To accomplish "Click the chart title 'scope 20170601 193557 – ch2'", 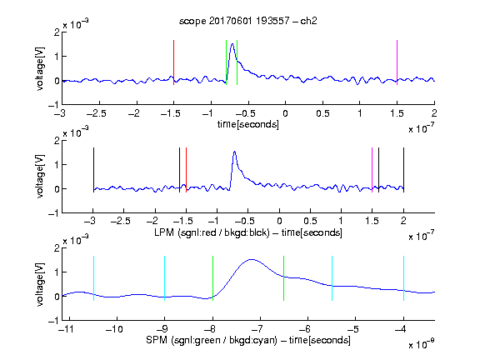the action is click(x=248, y=21).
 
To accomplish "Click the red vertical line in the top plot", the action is click(x=173, y=62).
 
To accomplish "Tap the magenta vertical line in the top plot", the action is click(x=397, y=62).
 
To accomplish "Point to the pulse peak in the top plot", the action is click(x=232, y=44).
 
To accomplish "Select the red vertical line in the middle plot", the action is click(x=186, y=170).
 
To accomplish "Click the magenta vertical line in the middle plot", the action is click(x=372, y=170).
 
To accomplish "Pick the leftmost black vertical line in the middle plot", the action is click(x=93, y=170).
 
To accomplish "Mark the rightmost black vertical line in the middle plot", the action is click(x=403, y=170).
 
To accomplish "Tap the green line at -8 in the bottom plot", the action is click(x=212, y=278).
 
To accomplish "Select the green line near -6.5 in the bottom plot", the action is click(x=284, y=278).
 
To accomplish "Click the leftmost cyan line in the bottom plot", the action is click(x=93, y=278).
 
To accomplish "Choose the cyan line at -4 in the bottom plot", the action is click(x=403, y=278).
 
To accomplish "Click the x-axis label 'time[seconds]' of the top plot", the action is click(x=248, y=124).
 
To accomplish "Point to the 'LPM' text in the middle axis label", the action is click(x=164, y=232).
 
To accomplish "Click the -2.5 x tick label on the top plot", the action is click(x=97, y=113).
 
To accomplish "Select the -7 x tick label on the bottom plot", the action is click(x=258, y=329).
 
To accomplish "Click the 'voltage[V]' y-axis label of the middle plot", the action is click(x=40, y=177).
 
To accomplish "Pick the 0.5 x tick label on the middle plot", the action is click(x=310, y=221).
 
